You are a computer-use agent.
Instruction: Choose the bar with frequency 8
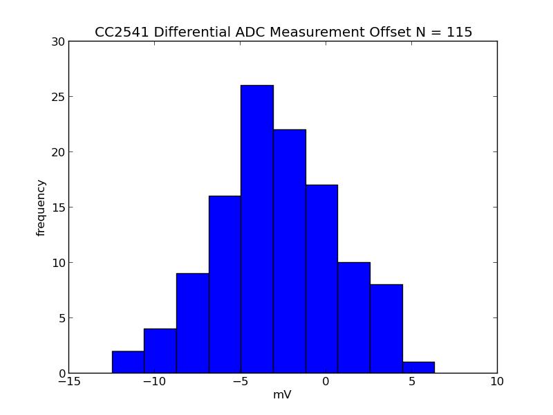click(386, 329)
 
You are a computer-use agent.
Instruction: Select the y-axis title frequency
click(41, 207)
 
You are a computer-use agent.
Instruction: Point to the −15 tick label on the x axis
click(68, 381)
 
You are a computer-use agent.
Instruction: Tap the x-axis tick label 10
click(497, 381)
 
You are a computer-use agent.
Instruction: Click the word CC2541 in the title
click(119, 32)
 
